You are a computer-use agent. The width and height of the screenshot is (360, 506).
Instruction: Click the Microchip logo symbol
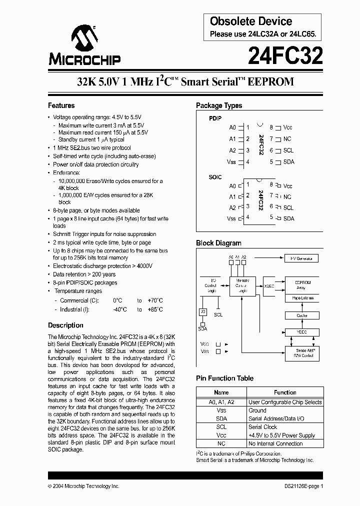point(83,38)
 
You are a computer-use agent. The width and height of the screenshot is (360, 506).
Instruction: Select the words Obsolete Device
point(251,21)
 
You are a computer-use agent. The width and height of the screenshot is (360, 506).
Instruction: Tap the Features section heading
point(61,105)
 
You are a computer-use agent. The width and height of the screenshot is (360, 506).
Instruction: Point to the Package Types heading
point(219,105)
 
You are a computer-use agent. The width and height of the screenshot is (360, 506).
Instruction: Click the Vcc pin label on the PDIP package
point(288,127)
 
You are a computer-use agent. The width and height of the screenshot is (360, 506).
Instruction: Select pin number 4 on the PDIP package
point(247,162)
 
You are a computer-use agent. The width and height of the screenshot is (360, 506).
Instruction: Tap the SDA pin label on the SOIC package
point(288,218)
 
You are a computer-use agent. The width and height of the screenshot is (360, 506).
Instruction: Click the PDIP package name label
point(214,118)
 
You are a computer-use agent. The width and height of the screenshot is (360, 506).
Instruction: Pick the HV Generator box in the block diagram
point(301,258)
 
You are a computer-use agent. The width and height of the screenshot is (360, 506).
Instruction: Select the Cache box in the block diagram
point(301,315)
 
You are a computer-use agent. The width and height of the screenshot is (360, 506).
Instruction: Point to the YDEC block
point(301,331)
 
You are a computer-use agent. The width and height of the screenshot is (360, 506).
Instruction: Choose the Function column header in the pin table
point(285,392)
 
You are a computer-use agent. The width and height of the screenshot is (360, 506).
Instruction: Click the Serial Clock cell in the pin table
point(262,427)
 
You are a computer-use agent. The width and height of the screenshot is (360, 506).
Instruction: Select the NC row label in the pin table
point(221,443)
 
